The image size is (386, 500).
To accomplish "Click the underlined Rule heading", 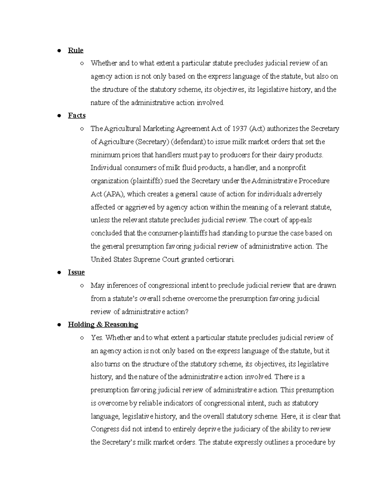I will [x=76, y=50].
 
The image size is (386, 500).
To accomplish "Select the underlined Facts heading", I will [x=77, y=115].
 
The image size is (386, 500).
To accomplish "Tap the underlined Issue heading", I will [x=76, y=272].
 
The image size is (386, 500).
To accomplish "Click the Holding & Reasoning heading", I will [x=103, y=324].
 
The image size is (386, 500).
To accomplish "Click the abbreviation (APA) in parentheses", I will [x=114, y=194].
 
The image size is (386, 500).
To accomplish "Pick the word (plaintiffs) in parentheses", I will [x=146, y=181].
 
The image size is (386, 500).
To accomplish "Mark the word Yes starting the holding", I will [x=97, y=337].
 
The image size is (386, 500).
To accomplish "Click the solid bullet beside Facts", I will [x=59, y=116].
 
